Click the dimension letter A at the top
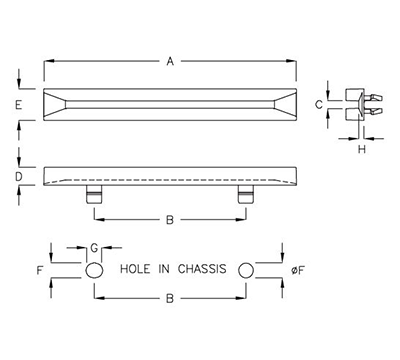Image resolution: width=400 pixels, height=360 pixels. [171, 62]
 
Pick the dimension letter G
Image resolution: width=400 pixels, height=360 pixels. [93, 247]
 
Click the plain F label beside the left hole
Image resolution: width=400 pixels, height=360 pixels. [40, 270]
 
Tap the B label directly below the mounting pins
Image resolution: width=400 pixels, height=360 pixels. [170, 218]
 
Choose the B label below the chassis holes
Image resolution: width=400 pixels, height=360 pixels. [170, 298]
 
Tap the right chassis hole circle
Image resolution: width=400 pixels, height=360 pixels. [246, 271]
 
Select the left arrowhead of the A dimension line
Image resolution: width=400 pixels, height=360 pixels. [47, 62]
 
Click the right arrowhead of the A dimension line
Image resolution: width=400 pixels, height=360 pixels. [294, 62]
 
